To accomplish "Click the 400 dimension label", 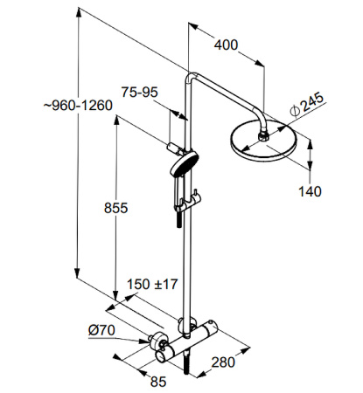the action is [x=226, y=45].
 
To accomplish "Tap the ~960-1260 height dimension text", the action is [x=78, y=106].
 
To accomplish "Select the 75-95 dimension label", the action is [x=140, y=93].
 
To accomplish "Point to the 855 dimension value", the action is [x=115, y=208].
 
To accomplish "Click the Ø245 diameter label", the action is [x=307, y=104].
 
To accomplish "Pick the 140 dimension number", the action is [x=310, y=191].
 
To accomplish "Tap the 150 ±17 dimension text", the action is [x=152, y=284].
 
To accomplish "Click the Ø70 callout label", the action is [x=101, y=330].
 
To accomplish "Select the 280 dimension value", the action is [x=223, y=362].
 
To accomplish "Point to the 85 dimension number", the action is [x=158, y=382].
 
